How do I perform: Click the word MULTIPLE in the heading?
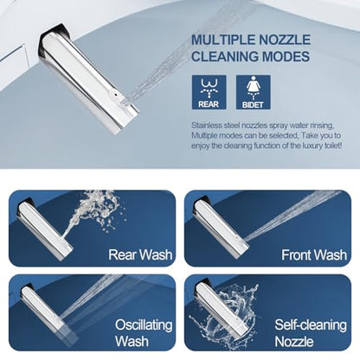pyautogui.click(x=223, y=40)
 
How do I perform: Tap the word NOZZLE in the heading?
pyautogui.click(x=285, y=40)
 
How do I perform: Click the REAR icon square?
pyautogui.click(x=209, y=93)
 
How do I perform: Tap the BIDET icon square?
pyautogui.click(x=254, y=93)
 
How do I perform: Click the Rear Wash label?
pyautogui.click(x=140, y=254)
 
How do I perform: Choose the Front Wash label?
pyautogui.click(x=314, y=255)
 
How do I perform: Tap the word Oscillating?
pyautogui.click(x=144, y=325)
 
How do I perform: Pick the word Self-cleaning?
pyautogui.click(x=311, y=325)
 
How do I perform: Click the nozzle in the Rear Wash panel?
pyautogui.click(x=46, y=229)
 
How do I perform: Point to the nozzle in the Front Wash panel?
pyautogui.click(x=221, y=227)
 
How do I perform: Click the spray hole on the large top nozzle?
pyautogui.click(x=115, y=94)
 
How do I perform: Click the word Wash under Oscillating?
pyautogui.click(x=132, y=341)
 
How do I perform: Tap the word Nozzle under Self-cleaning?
pyautogui.click(x=294, y=342)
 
